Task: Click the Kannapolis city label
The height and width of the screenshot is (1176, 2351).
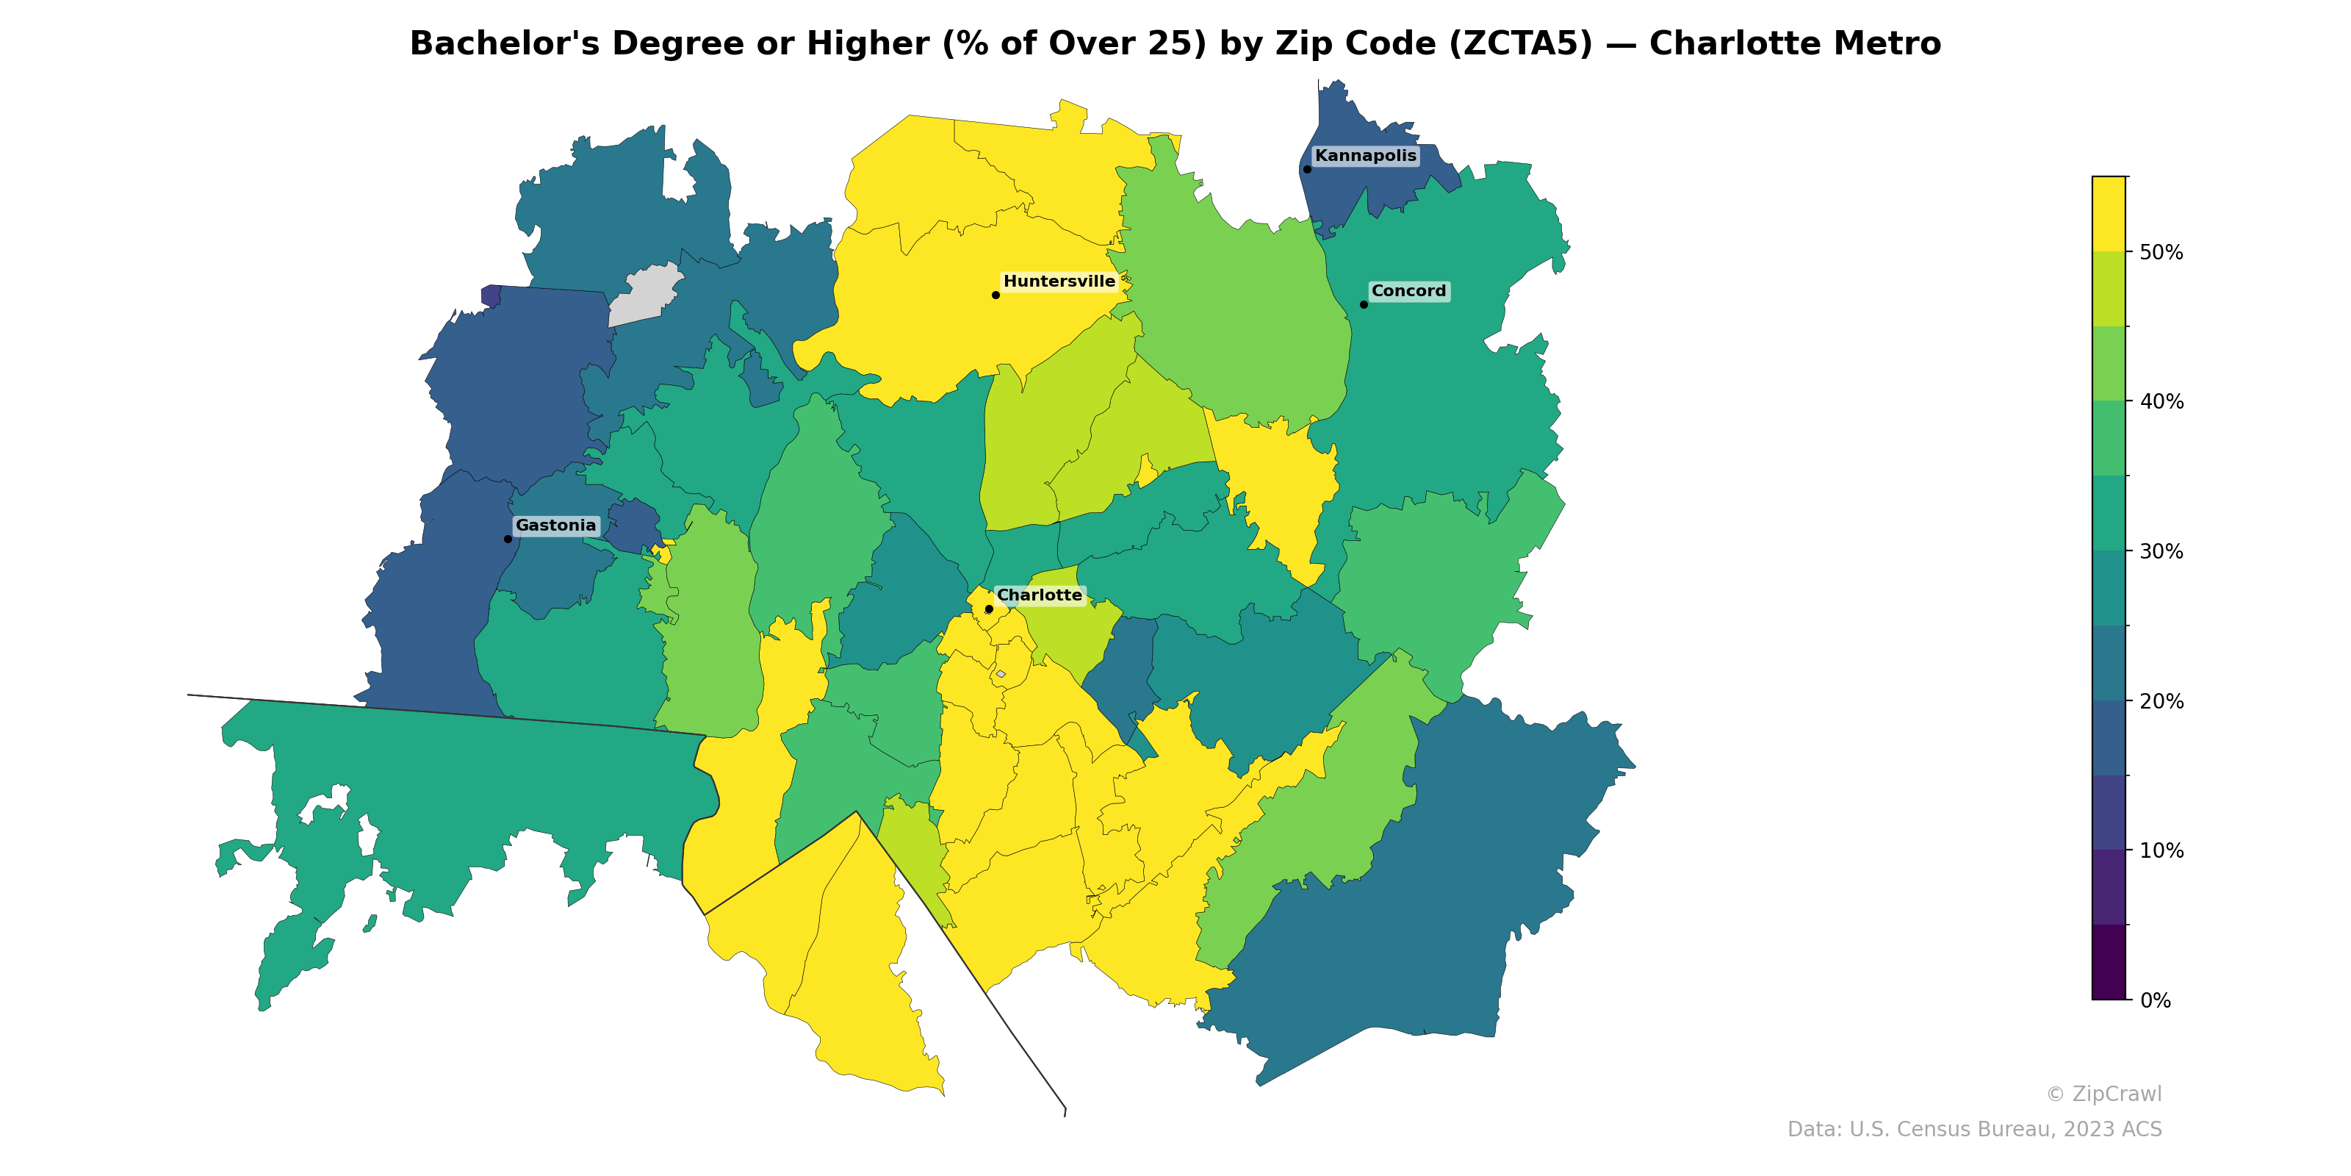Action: tap(1365, 156)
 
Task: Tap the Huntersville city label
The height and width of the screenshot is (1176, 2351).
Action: tap(1059, 282)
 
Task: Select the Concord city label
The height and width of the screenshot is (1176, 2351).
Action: tap(1408, 291)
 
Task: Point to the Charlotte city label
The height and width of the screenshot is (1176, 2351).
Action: tap(1039, 595)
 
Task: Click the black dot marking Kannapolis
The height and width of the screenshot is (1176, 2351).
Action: tap(1307, 169)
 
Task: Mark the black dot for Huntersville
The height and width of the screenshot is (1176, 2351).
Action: tap(996, 295)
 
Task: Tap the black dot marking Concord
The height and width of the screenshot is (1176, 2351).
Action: tap(1364, 305)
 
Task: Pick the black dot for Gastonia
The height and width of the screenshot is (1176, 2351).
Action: tap(508, 539)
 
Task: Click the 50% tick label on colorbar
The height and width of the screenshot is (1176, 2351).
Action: tap(2161, 253)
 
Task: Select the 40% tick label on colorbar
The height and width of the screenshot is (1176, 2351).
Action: tap(2161, 402)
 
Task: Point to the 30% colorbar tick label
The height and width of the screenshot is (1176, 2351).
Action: tap(2161, 551)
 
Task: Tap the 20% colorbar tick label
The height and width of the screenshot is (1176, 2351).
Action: tap(2161, 701)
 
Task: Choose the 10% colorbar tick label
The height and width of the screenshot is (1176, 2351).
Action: tap(2161, 851)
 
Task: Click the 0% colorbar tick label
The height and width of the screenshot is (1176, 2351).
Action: tap(2155, 1000)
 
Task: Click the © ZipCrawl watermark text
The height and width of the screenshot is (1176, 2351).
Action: tap(2103, 1094)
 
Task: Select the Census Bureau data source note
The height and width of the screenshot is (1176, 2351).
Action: tap(1973, 1130)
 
